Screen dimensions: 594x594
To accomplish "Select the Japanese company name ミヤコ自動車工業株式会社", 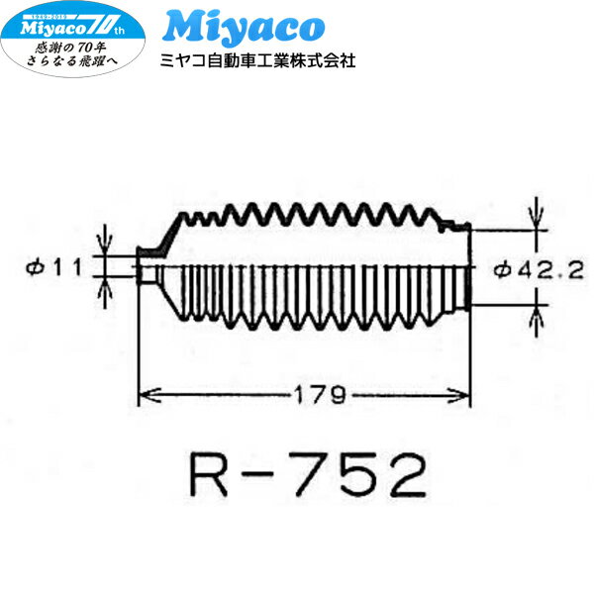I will pos(257,60).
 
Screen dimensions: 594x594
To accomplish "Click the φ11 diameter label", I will pos(57,265).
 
